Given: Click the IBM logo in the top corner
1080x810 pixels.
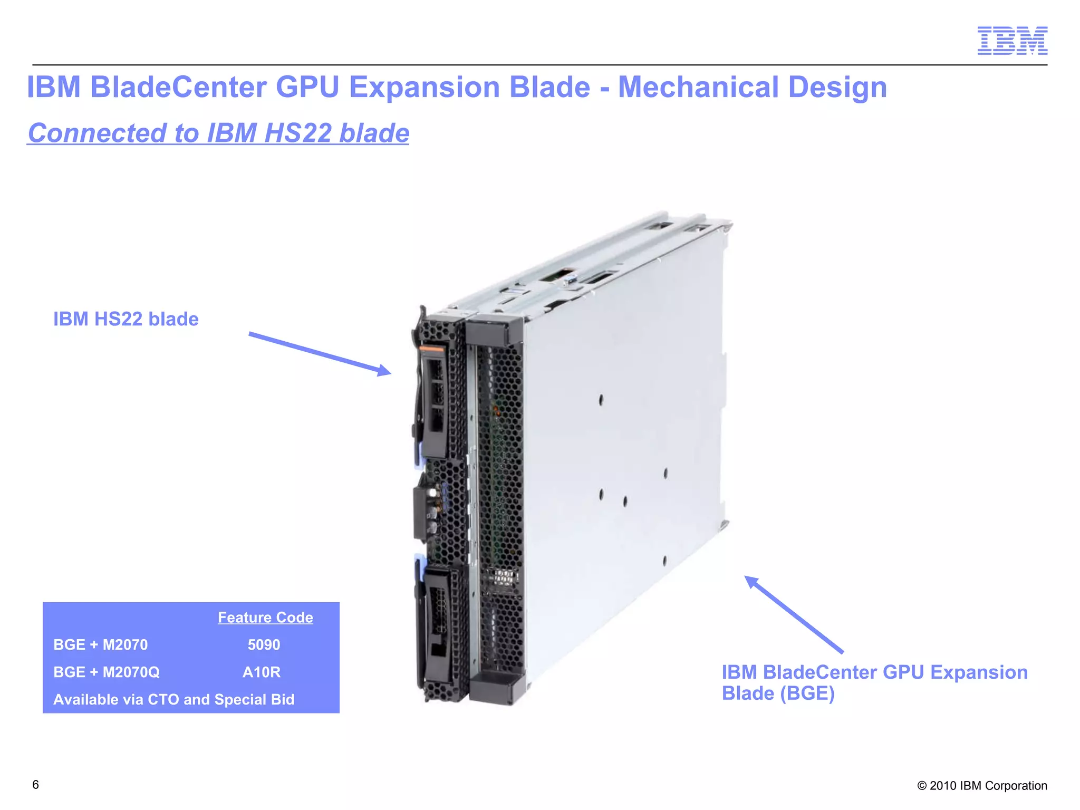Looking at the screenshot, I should [1012, 41].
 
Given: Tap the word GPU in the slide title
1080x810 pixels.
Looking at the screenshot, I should [307, 87].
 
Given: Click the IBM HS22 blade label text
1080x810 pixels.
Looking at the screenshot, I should [126, 319].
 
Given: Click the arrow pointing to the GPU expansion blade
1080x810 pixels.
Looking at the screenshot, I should [793, 614].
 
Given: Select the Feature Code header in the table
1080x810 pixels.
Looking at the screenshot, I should [265, 618].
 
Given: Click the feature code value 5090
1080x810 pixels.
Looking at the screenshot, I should [264, 644].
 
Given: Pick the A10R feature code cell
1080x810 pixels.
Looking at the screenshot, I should [262, 672].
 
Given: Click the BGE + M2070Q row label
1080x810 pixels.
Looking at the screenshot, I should [107, 672].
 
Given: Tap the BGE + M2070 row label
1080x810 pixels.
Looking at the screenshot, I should [101, 644].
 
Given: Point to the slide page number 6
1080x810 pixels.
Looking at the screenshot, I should [35, 785].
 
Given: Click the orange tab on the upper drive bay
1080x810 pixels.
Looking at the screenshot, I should [431, 349].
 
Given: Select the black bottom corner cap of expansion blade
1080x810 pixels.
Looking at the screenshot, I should [497, 688].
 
